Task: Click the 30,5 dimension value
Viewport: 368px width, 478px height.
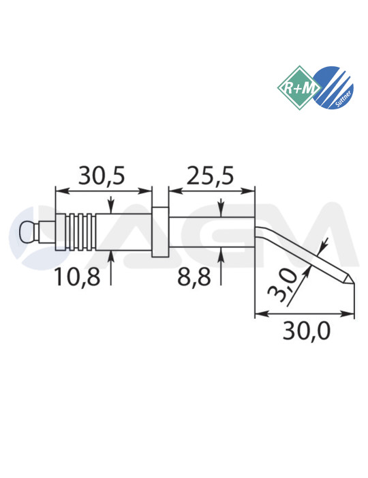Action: coord(101,176)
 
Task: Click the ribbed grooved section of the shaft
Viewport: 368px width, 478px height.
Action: coord(81,232)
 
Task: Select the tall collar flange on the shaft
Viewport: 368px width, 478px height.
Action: coord(159,232)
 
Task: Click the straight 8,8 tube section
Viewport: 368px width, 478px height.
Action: coord(211,232)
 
